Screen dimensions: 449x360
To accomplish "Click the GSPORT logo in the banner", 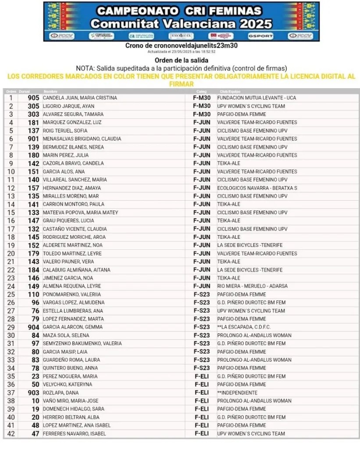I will tap(260, 36).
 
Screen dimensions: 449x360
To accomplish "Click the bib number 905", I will tap(33, 98).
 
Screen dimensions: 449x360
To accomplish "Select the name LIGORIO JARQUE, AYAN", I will tap(68, 106).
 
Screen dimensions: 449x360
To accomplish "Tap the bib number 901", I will tap(33, 139).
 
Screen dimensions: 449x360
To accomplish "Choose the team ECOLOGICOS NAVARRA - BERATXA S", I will tap(257, 188).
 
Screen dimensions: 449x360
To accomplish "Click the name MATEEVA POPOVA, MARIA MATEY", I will tap(80, 212).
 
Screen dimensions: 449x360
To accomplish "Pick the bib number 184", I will tap(33, 270).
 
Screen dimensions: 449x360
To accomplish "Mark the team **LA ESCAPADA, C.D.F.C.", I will tap(244, 327).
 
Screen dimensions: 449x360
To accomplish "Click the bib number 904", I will tap(33, 327).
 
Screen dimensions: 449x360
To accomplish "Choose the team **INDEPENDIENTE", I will tap(237, 393).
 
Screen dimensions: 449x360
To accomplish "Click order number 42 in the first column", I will tap(11, 434).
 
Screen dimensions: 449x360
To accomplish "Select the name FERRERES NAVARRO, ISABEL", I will tap(74, 434).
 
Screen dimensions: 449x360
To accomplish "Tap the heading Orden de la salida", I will tap(182, 60).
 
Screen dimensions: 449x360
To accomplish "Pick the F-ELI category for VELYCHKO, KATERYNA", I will tap(202, 384).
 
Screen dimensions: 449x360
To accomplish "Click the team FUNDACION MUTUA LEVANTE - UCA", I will tap(257, 98).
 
